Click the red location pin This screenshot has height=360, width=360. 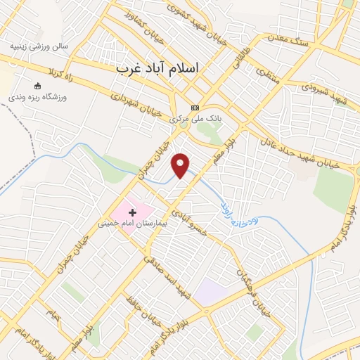click(x=181, y=165)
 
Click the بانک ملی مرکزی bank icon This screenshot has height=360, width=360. click(x=195, y=108)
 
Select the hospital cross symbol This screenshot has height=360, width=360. click(x=132, y=212)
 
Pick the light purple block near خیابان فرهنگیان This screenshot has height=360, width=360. click(x=210, y=292)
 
